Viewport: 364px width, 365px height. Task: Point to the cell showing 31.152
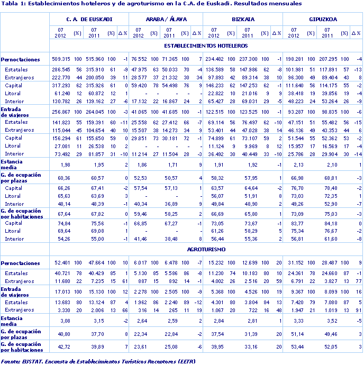297,263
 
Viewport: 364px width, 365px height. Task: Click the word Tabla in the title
10,3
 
